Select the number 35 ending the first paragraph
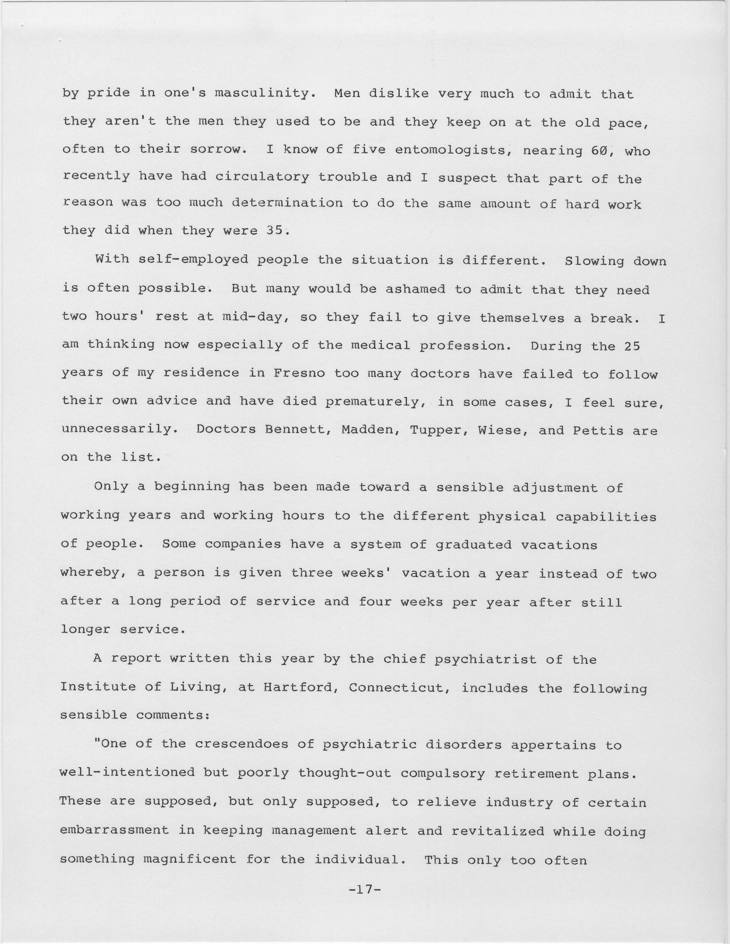[x=274, y=230]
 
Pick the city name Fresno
[x=299, y=373]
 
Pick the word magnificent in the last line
[x=190, y=859]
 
